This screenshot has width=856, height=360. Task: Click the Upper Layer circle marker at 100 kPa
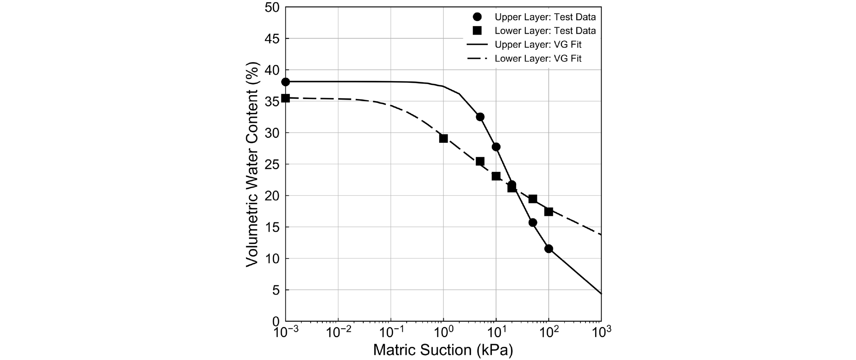(x=549, y=249)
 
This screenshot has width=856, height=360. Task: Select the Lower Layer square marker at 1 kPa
(x=443, y=138)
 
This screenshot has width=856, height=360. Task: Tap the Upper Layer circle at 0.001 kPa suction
(x=286, y=82)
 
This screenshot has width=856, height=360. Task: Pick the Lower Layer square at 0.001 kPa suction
(x=286, y=98)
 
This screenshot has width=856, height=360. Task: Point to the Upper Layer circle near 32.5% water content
(x=480, y=117)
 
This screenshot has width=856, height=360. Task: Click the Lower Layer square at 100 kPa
(x=549, y=212)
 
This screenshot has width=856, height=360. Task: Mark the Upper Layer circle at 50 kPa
(x=532, y=223)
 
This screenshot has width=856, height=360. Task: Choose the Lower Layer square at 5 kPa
(x=480, y=161)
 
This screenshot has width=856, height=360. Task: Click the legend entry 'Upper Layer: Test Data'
(x=545, y=17)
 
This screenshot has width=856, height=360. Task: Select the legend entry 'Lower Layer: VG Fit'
(x=538, y=58)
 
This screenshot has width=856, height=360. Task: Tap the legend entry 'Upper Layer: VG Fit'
(x=538, y=45)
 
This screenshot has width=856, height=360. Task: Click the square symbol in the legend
(x=477, y=31)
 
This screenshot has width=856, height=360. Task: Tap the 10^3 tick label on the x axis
(x=601, y=332)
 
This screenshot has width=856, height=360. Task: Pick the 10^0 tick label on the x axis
(x=443, y=332)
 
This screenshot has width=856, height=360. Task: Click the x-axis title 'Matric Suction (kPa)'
(x=443, y=350)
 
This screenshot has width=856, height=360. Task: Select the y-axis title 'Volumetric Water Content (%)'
(x=252, y=164)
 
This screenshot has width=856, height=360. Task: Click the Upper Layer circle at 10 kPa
(x=496, y=147)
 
